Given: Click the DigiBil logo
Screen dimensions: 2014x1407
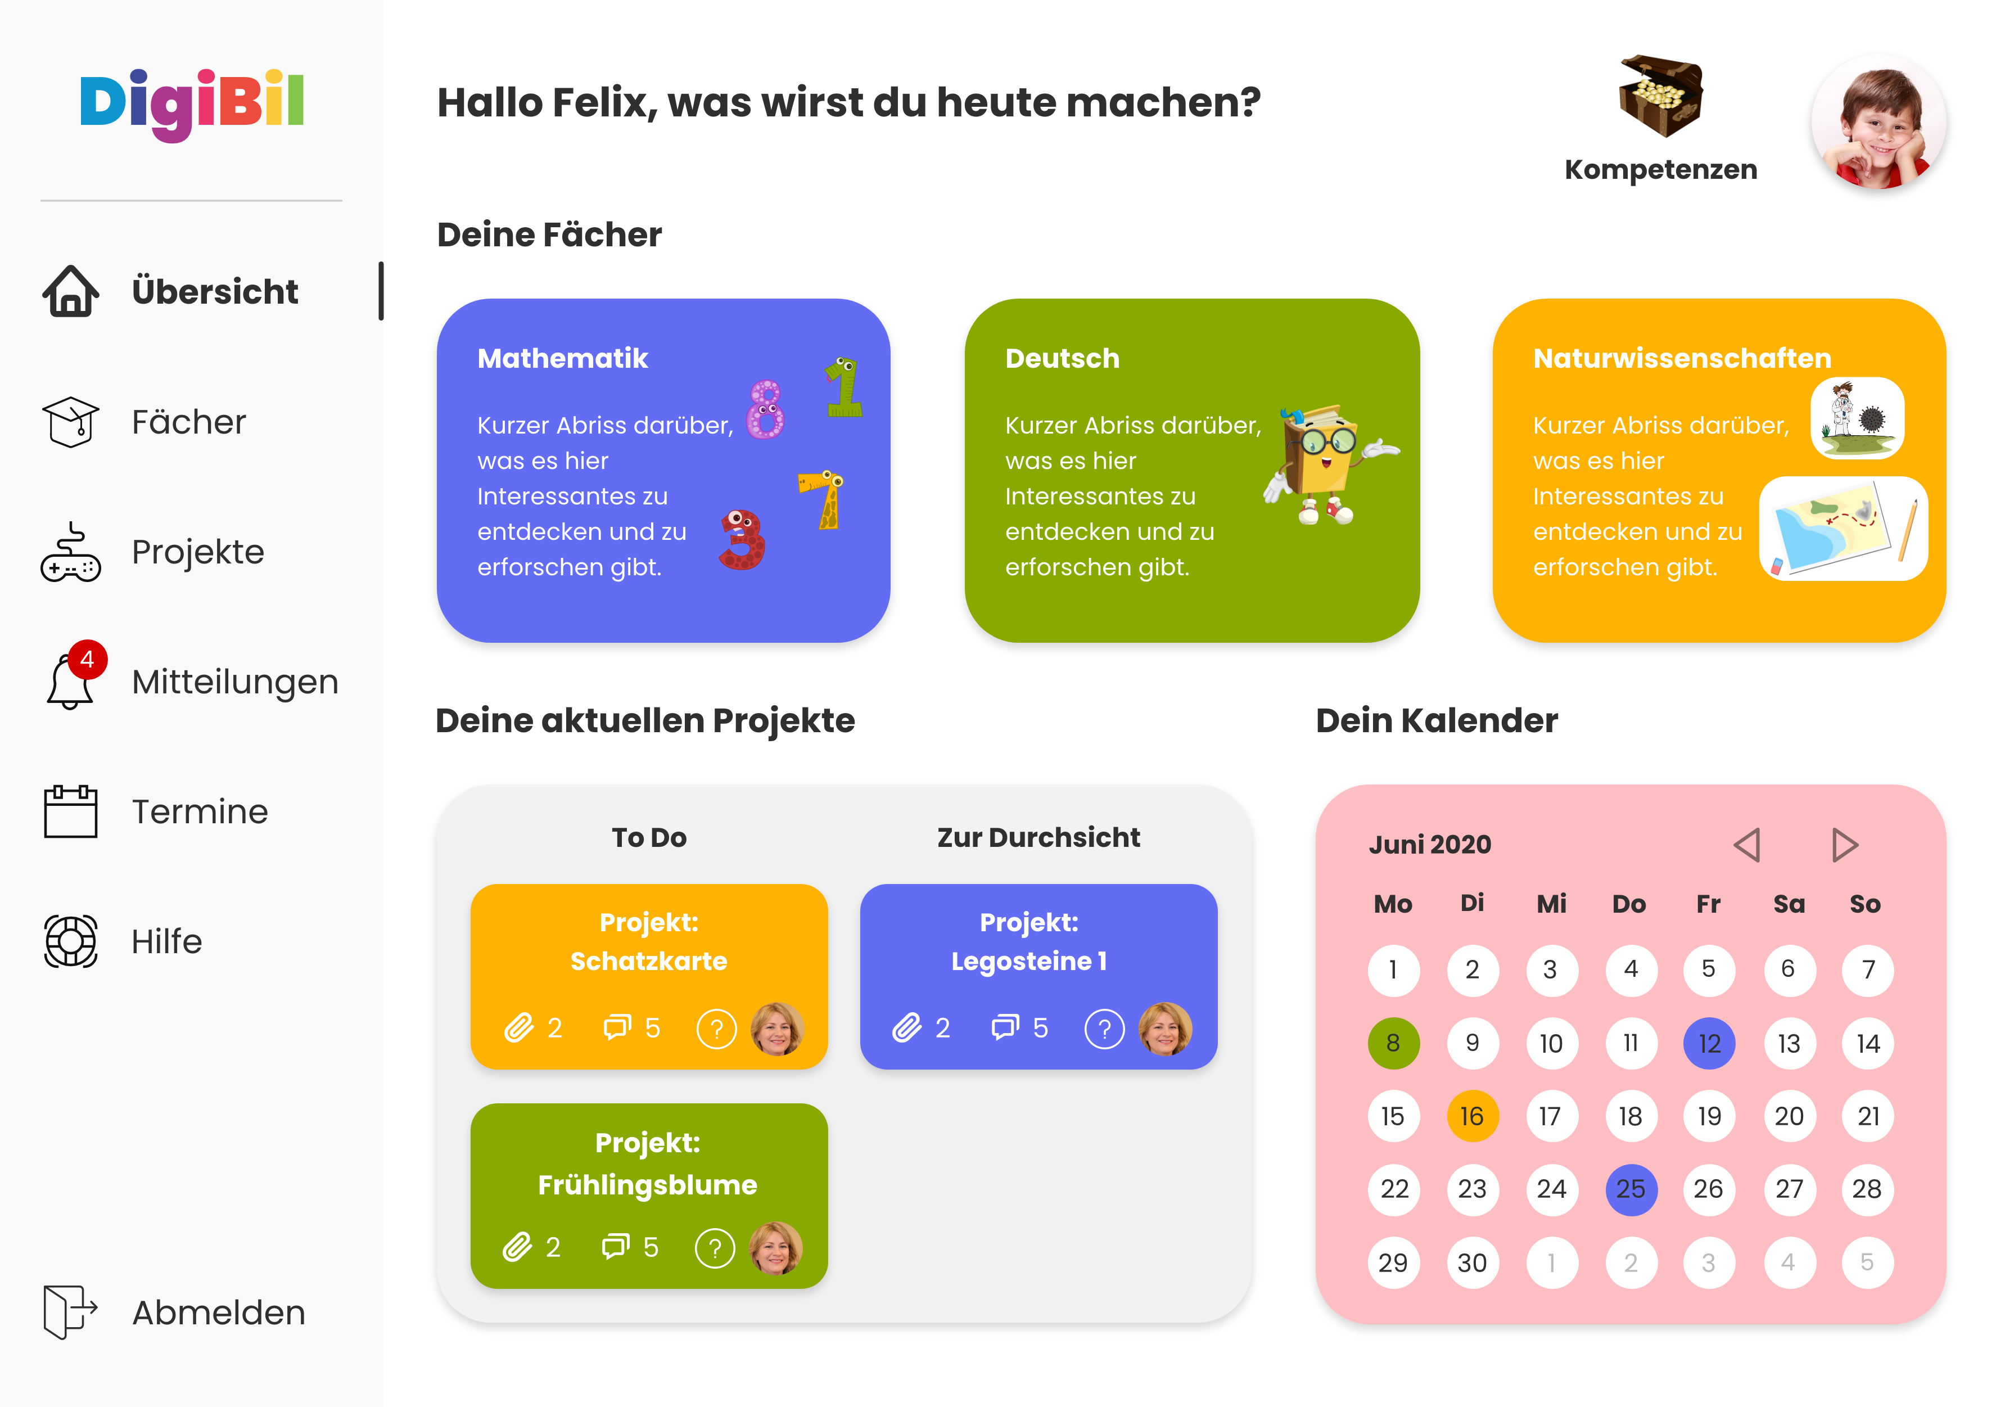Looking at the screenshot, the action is (191, 103).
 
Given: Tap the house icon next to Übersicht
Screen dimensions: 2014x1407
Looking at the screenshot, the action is (70, 291).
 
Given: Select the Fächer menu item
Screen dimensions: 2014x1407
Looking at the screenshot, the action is (188, 422).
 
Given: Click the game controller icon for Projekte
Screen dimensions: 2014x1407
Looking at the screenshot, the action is (70, 553).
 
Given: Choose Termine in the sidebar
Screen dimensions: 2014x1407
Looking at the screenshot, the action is (199, 811).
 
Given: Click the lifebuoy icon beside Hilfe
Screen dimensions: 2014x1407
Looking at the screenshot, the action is (70, 941).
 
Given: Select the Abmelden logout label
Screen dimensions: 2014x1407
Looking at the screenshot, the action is (218, 1313).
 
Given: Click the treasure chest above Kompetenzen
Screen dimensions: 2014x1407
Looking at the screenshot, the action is (1660, 97).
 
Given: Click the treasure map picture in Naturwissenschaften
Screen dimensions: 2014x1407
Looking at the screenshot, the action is (1842, 528).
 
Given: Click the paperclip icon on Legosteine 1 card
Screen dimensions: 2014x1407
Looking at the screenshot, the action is (907, 1027).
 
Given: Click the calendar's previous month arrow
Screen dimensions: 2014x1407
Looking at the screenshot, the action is (1746, 845).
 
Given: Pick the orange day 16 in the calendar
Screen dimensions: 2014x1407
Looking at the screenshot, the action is (1472, 1116).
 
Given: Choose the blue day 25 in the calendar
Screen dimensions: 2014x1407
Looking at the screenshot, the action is (1630, 1189).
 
